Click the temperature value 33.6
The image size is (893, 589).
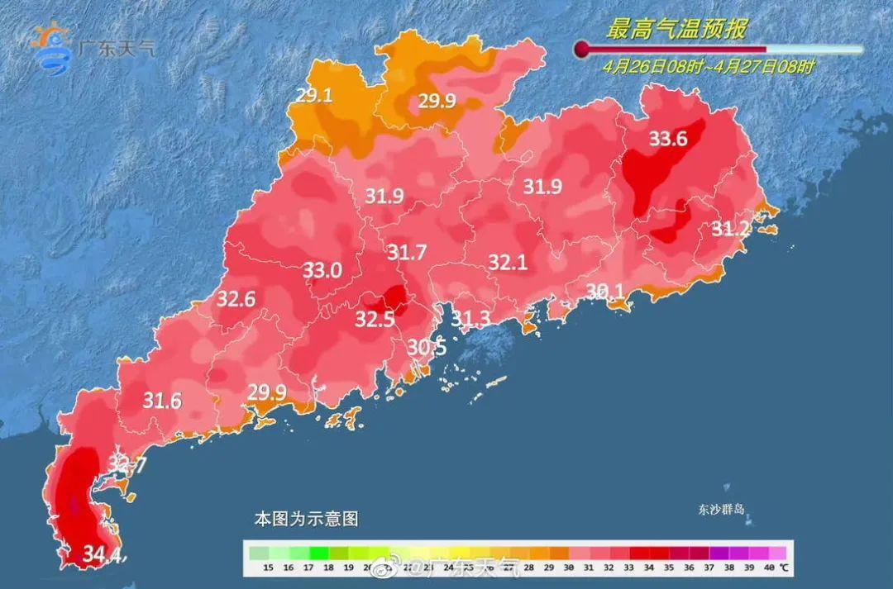667,139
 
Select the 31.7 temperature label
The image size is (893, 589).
407,252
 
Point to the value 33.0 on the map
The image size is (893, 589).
322,270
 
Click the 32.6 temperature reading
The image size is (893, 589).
236,299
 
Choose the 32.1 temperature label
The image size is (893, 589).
508,263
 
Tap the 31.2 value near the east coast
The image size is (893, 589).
731,228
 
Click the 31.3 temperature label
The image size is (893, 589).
470,319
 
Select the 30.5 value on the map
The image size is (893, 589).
427,348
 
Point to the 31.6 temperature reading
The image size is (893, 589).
162,401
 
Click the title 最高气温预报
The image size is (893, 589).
676,31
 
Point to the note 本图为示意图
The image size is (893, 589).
305,520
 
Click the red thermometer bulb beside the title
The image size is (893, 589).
582,50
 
